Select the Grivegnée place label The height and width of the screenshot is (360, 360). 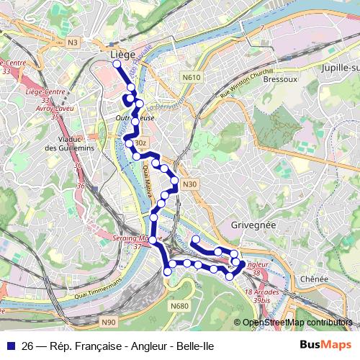253,225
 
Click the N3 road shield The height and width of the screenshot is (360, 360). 73,42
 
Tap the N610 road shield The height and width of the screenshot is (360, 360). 192,76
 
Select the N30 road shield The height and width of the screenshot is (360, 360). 189,184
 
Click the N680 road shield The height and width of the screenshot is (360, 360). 179,306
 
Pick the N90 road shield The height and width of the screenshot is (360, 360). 108,322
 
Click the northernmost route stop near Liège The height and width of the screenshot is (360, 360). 117,64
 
